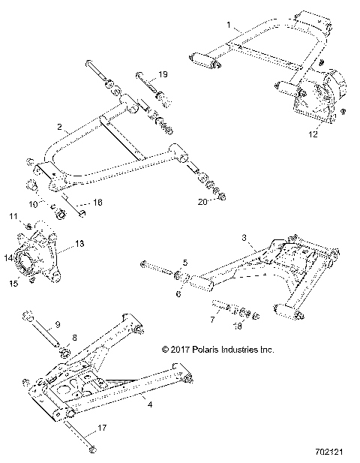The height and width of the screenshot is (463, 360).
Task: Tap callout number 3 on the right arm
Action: tap(244, 237)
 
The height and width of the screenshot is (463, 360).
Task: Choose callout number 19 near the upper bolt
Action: tap(164, 75)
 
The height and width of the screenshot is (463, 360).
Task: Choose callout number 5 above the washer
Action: tap(187, 263)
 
